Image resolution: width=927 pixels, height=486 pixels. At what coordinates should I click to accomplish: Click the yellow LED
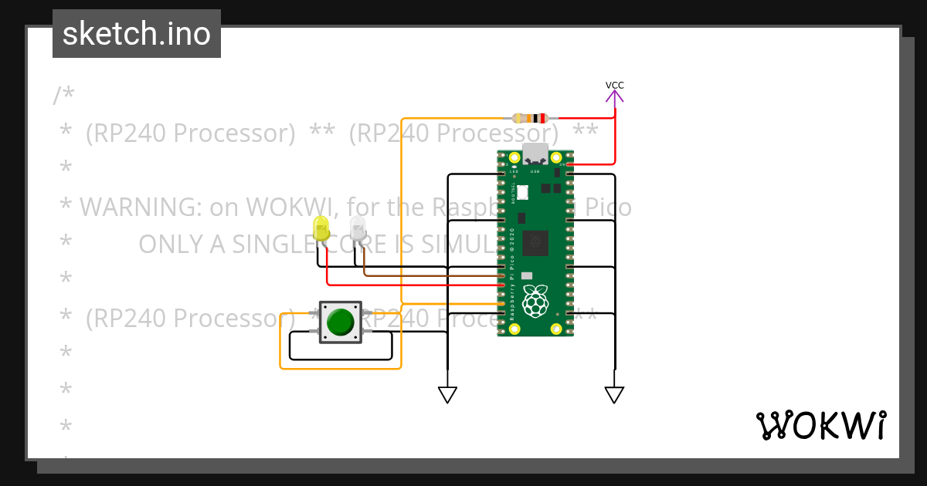(321, 228)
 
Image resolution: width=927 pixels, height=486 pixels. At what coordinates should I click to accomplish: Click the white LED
(358, 228)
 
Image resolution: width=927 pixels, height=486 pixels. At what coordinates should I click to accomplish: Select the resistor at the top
(530, 118)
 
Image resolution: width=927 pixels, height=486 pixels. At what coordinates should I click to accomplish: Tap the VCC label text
(615, 85)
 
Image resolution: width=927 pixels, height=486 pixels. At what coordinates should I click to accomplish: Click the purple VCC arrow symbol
(615, 96)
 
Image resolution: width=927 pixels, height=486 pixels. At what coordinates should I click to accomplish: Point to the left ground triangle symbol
(447, 395)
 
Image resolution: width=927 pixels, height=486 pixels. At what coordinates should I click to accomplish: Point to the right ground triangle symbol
(614, 395)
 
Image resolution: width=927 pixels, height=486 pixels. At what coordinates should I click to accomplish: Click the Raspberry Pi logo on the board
(535, 301)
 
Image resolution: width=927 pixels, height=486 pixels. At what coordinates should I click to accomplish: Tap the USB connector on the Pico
(535, 154)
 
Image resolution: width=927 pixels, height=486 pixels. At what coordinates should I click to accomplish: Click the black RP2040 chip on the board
(535, 243)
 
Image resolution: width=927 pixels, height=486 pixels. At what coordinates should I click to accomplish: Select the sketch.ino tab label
(137, 34)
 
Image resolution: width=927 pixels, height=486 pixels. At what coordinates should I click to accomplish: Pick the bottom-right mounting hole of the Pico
(556, 329)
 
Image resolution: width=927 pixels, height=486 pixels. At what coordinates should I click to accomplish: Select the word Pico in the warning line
(606, 207)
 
